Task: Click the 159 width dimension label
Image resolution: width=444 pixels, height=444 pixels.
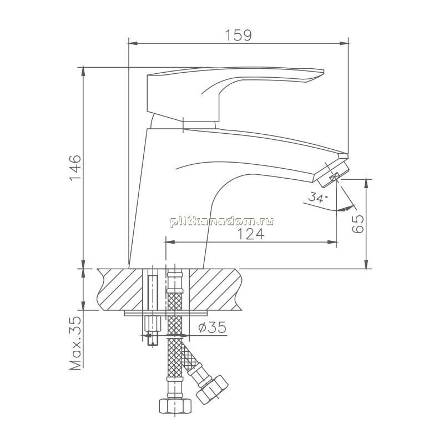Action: pyautogui.click(x=239, y=35)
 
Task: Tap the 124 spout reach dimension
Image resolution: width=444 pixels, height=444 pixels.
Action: pyautogui.click(x=251, y=234)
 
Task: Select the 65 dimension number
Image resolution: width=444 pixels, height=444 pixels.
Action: pyautogui.click(x=358, y=224)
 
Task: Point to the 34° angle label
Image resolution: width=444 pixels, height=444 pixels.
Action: pyautogui.click(x=318, y=197)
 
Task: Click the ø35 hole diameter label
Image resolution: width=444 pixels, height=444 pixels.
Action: pyautogui.click(x=212, y=327)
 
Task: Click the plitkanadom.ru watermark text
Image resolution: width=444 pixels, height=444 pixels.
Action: pyautogui.click(x=221, y=221)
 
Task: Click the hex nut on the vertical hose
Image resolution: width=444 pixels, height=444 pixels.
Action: pyautogui.click(x=175, y=406)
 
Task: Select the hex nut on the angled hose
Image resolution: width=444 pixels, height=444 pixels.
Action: pyautogui.click(x=213, y=391)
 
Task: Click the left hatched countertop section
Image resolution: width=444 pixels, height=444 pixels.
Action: pyautogui.click(x=120, y=289)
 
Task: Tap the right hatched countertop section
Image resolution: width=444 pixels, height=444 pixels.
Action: pyautogui.click(x=216, y=289)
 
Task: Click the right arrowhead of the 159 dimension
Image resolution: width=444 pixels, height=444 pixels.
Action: pyautogui.click(x=344, y=43)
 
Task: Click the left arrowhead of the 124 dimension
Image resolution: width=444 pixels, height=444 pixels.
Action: pyautogui.click(x=169, y=242)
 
